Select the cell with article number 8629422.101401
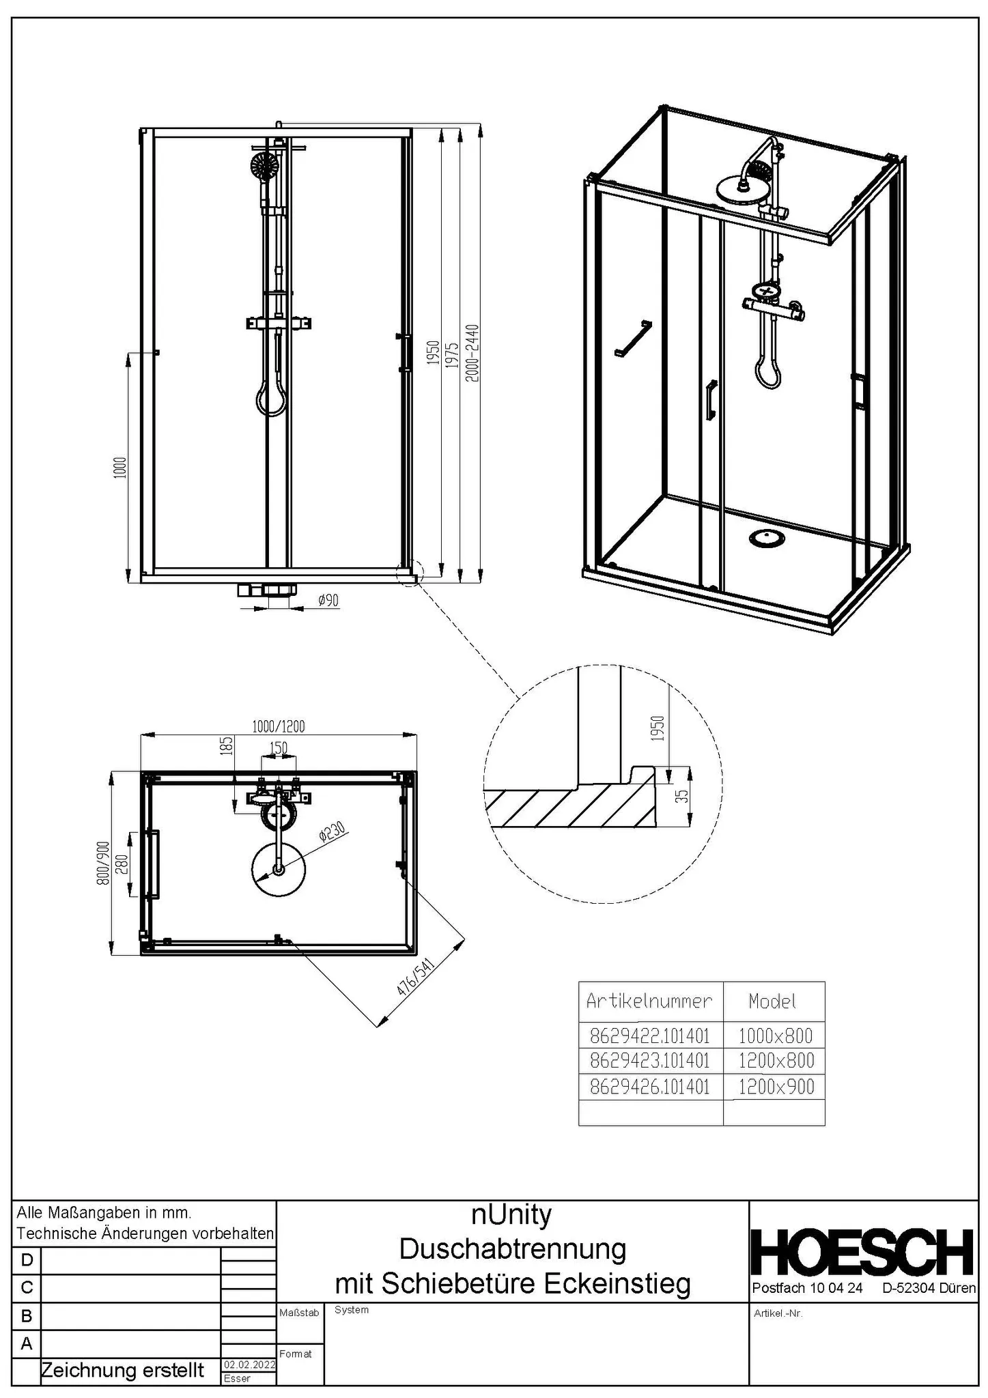[649, 1036]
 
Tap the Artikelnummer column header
[649, 1001]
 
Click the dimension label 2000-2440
[472, 353]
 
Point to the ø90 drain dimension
[328, 600]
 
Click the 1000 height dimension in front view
[119, 468]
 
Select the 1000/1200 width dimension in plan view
[279, 726]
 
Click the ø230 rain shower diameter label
[333, 833]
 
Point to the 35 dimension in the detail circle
[681, 796]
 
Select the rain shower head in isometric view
[739, 186]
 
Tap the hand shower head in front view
[264, 165]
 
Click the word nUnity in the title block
[511, 1214]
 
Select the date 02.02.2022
[249, 1365]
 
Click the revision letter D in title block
[27, 1259]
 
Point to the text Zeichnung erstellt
[123, 1369]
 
